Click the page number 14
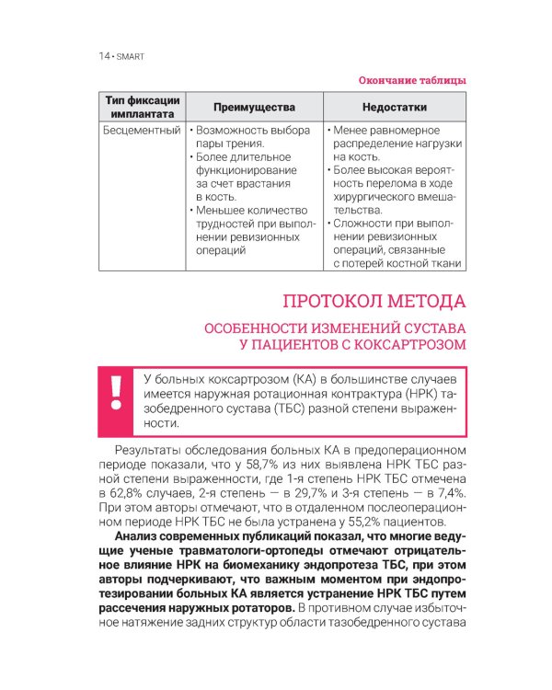click(x=103, y=56)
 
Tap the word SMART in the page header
click(x=129, y=56)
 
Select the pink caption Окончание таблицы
click(x=411, y=81)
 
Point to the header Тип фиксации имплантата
click(x=142, y=107)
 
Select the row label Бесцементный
click(x=142, y=131)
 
